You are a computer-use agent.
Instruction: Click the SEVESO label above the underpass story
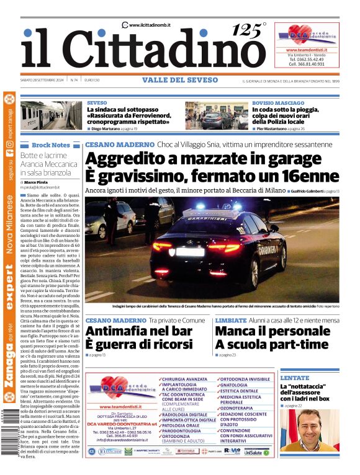(97, 102)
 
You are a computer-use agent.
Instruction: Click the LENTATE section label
(294, 378)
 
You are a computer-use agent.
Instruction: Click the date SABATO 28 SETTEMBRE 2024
(42, 80)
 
